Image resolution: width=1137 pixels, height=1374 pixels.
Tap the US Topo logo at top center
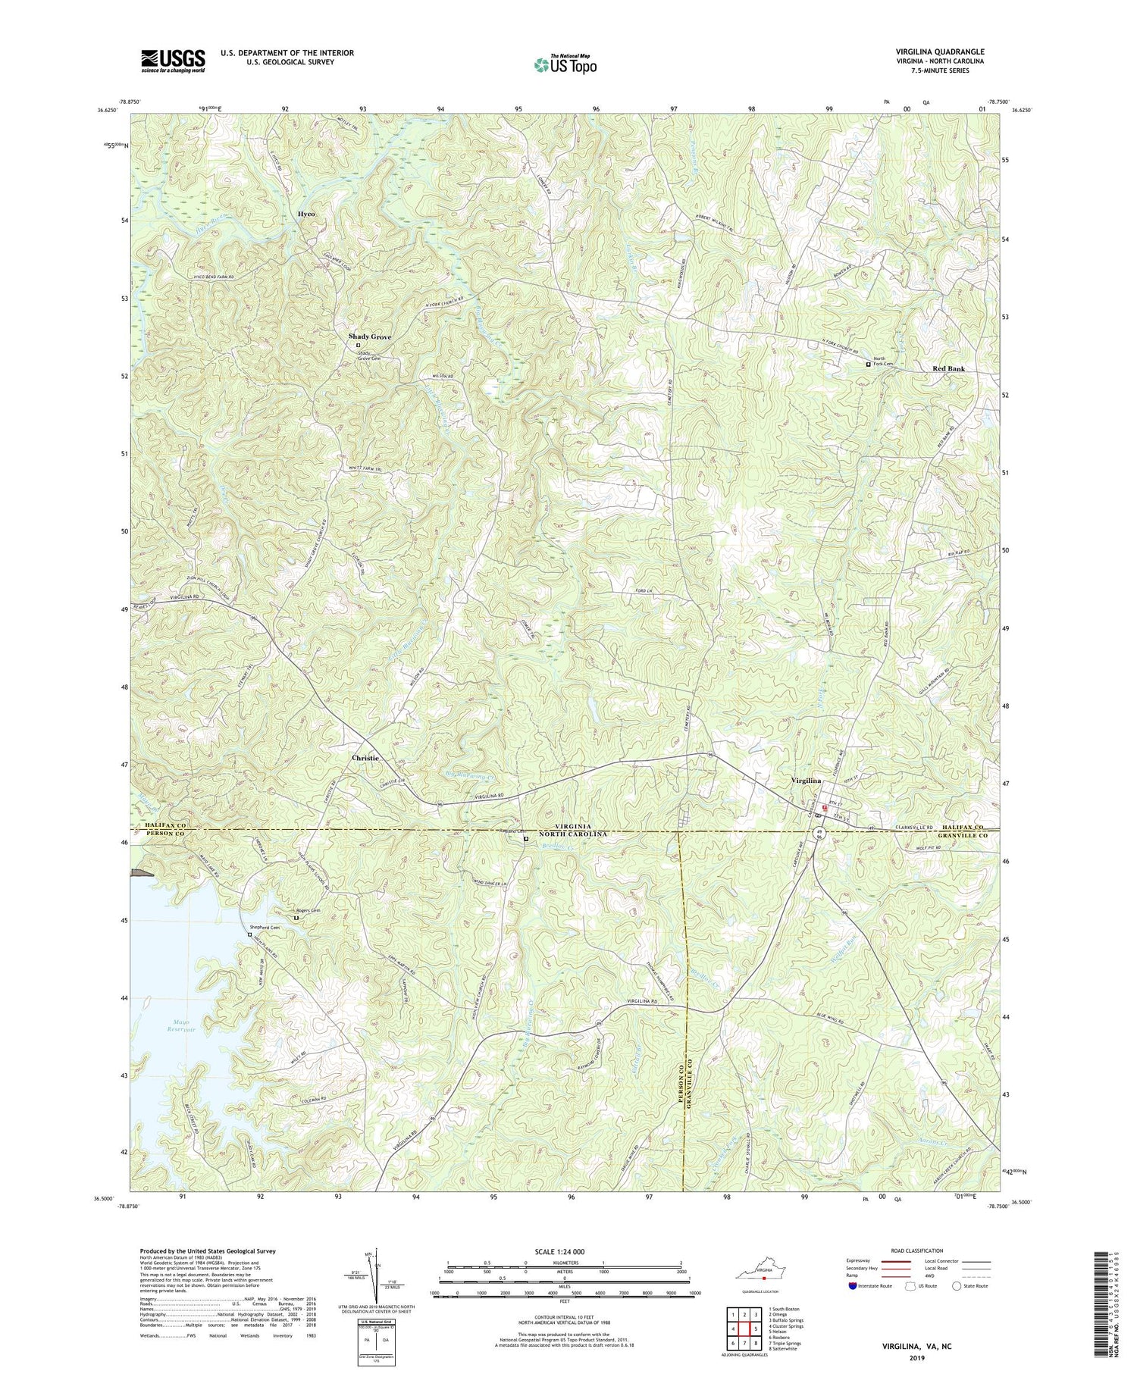pos(565,64)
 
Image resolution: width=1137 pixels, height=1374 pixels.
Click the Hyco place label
pos(305,214)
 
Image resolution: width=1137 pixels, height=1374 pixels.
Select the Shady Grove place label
pos(370,336)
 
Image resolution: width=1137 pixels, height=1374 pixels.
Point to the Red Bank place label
pos(948,368)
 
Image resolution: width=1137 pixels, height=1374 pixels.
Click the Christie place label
pos(365,757)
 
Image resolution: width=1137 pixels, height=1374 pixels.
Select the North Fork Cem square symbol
pos(869,364)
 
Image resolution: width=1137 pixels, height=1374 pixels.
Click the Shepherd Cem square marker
pos(249,934)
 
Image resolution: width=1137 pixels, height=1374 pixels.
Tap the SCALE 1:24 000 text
pos(564,1251)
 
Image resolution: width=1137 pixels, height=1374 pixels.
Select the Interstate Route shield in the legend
pos(854,1285)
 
